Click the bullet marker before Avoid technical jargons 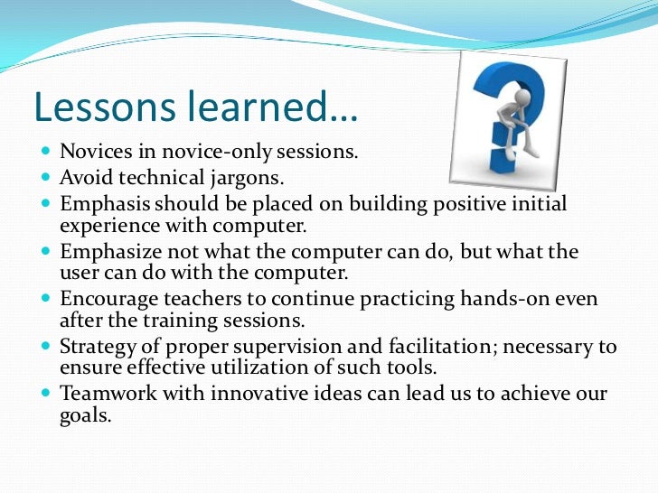[46, 179]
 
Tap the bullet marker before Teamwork [46, 394]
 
